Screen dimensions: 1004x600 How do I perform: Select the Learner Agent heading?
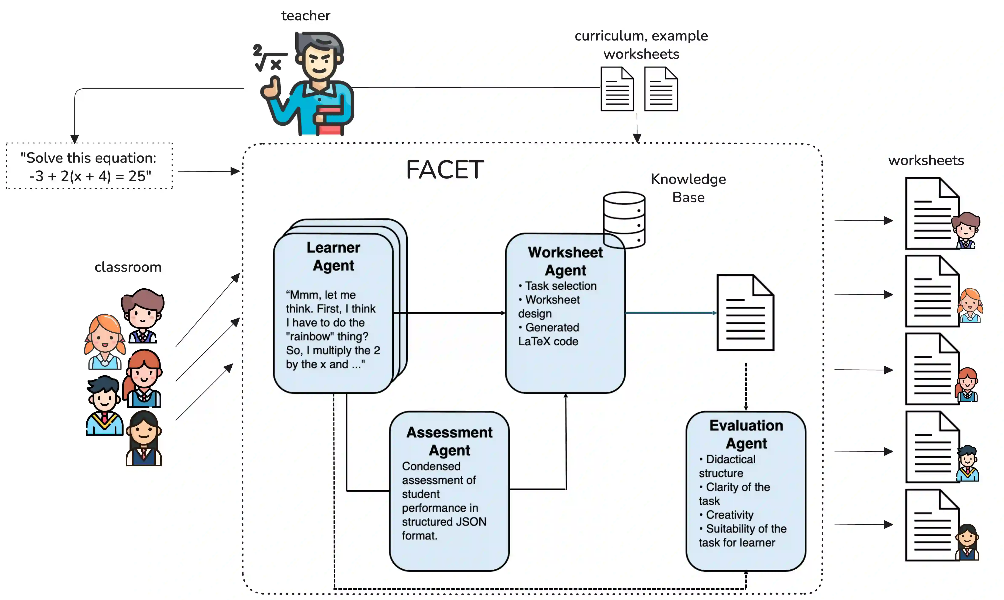click(333, 256)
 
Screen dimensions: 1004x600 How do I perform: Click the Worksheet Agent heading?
click(565, 261)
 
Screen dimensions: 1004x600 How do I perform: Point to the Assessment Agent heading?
click(449, 441)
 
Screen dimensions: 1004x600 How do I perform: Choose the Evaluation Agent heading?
click(746, 434)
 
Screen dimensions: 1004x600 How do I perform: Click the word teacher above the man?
click(306, 16)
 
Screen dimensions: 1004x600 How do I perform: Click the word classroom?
click(128, 267)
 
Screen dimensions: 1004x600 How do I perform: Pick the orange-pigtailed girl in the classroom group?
click(105, 342)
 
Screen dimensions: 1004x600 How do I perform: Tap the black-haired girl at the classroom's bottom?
click(144, 439)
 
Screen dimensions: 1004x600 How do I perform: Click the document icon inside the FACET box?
click(745, 313)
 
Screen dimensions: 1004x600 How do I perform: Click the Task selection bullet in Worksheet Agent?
click(558, 286)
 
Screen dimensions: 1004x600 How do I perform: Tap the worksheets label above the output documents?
click(926, 161)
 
